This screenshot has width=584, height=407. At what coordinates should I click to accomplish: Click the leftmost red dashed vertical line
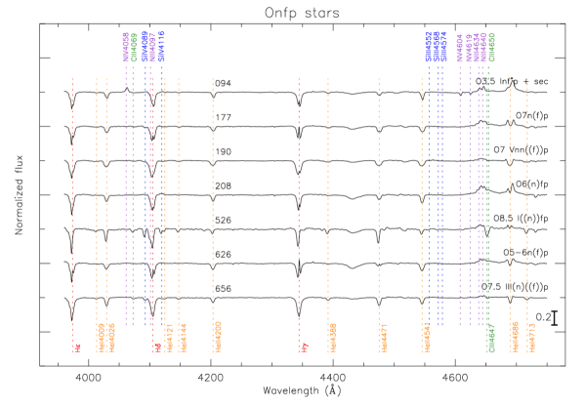[72, 195]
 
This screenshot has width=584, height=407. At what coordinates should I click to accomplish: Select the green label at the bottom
[491, 338]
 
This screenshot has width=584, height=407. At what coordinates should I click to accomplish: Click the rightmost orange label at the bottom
[530, 337]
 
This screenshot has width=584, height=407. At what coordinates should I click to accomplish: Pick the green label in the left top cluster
[134, 47]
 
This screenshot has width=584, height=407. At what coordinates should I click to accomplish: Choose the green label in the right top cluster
[492, 47]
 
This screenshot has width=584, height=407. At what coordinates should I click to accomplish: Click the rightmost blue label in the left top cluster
[162, 47]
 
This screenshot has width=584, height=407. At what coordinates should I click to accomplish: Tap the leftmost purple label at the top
[126, 47]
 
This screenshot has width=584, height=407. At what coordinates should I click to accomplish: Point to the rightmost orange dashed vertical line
[527, 195]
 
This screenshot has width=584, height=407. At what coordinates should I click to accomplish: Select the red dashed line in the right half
[299, 195]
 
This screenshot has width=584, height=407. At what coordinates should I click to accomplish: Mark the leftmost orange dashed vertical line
[97, 195]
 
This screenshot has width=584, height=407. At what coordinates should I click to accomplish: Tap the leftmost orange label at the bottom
[101, 338]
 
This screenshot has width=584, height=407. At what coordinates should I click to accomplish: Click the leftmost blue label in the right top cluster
[428, 47]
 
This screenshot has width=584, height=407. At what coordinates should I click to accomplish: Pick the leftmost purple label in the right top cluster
[460, 47]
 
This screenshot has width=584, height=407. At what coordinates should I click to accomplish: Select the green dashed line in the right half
[487, 195]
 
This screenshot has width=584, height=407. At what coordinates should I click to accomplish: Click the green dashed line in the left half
[133, 195]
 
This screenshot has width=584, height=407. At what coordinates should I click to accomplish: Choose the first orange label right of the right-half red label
[332, 338]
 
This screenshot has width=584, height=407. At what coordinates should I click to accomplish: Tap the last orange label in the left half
[217, 336]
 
